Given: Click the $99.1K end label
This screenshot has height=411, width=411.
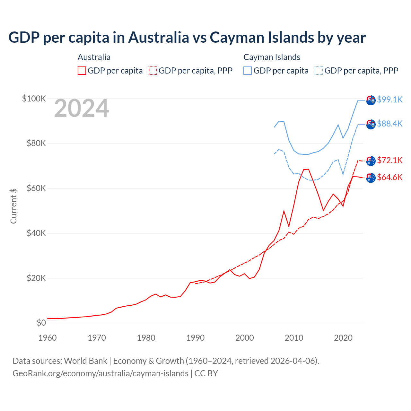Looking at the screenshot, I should point(389,100).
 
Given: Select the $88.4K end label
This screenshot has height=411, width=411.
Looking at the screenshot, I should point(389,124).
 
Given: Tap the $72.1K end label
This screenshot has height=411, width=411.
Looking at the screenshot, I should point(389,160).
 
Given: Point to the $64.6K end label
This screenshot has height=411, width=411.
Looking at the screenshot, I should point(389,177).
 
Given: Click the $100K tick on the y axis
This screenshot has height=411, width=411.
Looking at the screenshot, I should point(34,99).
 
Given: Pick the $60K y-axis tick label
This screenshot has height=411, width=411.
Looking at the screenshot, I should point(36,188).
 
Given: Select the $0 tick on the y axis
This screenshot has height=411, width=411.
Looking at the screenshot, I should point(41,323).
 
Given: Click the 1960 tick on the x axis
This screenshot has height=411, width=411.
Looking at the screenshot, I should point(48,338).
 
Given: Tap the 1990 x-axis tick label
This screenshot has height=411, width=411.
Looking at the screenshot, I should point(195,338).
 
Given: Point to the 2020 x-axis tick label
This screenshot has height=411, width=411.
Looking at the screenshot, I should point(343,338).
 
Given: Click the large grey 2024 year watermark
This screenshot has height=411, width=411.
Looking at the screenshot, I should point(82,109).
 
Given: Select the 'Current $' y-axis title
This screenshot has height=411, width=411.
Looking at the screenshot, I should point(13,206).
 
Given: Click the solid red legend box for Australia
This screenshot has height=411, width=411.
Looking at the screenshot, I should point(82,71).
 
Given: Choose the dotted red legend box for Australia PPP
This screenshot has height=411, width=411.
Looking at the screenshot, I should point(153,71).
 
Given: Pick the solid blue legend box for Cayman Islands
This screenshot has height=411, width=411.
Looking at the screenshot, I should point(248,71).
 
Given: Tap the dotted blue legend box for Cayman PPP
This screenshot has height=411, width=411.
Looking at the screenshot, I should point(319,71).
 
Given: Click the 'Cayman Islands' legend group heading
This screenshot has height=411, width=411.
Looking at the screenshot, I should point(272,57).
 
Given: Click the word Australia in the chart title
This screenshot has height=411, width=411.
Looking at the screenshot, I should point(159,37).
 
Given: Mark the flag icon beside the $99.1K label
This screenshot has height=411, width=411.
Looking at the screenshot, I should point(371,100).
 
